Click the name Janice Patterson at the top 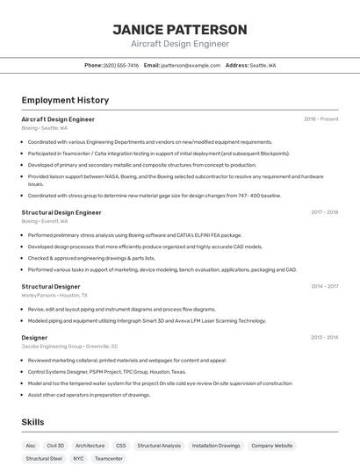coord(180,30)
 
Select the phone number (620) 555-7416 coord(121,65)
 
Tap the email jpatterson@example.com coord(191,65)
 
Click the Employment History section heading coord(65,100)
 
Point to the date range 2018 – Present coord(320,119)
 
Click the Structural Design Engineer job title coord(61,212)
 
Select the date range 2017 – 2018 coord(324,212)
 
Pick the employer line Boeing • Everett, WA coord(45,221)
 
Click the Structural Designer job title coord(51,286)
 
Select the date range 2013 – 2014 coord(324,337)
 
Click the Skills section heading coord(33,422)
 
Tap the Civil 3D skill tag coord(55,446)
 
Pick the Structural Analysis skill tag coord(159,446)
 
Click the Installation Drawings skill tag coord(216,446)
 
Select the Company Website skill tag coord(272,446)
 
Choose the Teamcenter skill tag coord(109,458)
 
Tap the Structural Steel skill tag coord(44,458)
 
